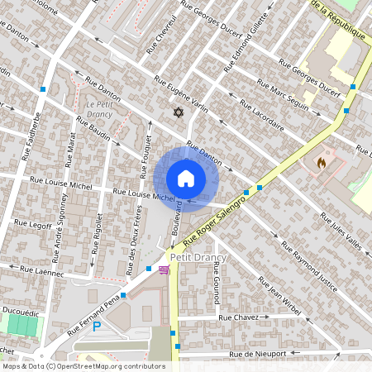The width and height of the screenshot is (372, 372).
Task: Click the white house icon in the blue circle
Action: [x=186, y=178]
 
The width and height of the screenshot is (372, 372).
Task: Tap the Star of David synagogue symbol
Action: [x=176, y=112]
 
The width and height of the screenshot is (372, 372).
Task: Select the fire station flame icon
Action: [x=322, y=164]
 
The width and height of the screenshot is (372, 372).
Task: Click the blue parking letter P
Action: [x=97, y=327]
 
